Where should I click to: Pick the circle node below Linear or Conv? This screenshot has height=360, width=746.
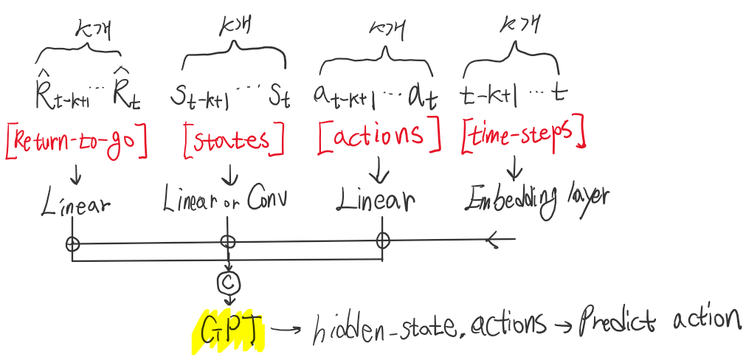[x=229, y=241]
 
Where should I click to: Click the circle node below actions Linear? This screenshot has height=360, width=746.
[x=381, y=240]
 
